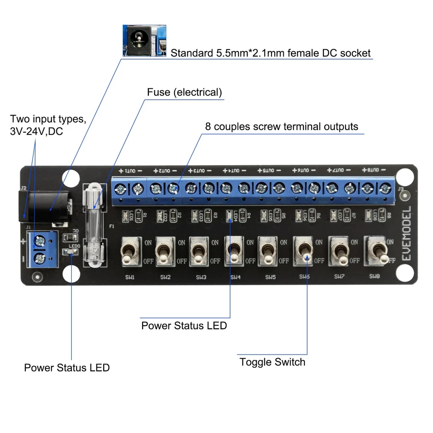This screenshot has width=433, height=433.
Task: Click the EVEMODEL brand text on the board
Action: [x=405, y=235]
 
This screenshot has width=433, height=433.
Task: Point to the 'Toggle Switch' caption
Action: [x=272, y=362]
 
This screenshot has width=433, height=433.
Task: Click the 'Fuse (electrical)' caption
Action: [x=184, y=92]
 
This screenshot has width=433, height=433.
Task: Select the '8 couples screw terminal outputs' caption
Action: [x=281, y=126]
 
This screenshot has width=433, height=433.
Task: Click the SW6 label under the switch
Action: [x=305, y=276]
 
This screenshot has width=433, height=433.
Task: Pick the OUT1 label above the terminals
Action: [x=130, y=171]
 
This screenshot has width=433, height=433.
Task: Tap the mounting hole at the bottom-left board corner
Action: [x=71, y=273]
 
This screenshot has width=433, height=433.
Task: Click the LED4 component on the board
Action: [x=230, y=216]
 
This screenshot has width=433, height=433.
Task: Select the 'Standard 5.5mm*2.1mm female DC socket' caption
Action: [x=270, y=53]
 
